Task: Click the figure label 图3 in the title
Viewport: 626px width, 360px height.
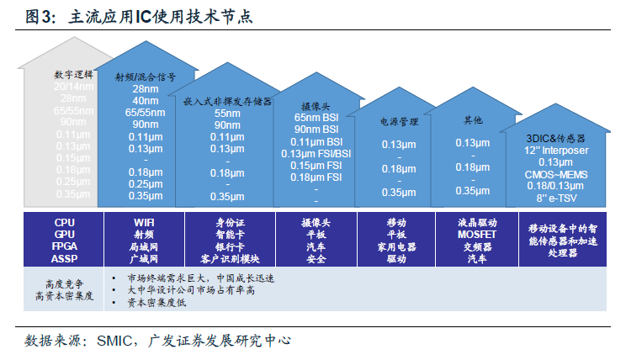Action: point(40,17)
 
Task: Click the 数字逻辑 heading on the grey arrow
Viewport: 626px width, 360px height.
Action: point(72,76)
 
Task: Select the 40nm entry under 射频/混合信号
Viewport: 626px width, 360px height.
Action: point(146,100)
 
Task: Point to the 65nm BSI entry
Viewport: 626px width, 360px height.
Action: point(316,119)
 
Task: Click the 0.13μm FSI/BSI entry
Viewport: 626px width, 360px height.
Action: point(316,154)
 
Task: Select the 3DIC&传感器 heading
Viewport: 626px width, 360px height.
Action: point(555,137)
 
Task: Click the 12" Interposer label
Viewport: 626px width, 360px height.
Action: point(555,150)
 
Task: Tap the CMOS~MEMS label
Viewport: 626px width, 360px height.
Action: point(555,174)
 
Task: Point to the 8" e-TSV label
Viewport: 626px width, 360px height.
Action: point(555,198)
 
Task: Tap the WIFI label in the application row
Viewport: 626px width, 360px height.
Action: point(146,223)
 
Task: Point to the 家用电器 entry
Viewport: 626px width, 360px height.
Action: point(396,247)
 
